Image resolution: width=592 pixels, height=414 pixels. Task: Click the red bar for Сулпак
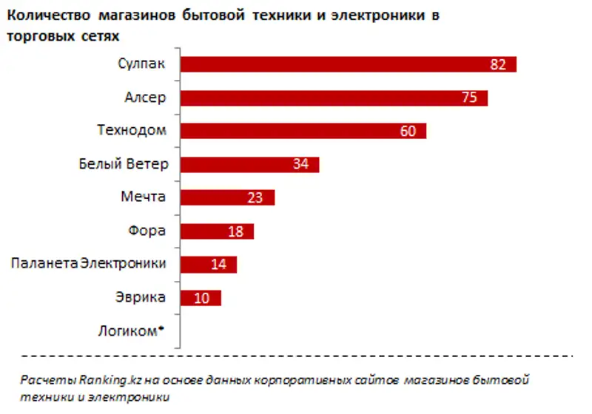pyautogui.click(x=333, y=64)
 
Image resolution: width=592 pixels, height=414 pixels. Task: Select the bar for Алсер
pyautogui.click(x=318, y=98)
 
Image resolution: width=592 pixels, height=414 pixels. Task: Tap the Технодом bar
pyautogui.click(x=289, y=131)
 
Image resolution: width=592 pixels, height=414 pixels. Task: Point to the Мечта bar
pyautogui.click(x=215, y=197)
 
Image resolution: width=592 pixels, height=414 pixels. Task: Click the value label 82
pyautogui.click(x=497, y=65)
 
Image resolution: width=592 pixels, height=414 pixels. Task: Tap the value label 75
pyautogui.click(x=469, y=98)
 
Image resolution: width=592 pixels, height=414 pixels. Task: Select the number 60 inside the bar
pyautogui.click(x=409, y=132)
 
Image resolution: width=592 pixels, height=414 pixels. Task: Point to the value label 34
pyautogui.click(x=300, y=165)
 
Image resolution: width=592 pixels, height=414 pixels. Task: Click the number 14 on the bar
pyautogui.click(x=218, y=265)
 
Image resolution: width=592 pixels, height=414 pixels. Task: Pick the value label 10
pyautogui.click(x=203, y=298)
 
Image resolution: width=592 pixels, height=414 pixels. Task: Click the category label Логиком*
pyautogui.click(x=129, y=330)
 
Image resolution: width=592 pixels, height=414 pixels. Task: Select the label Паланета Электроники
pyautogui.click(x=88, y=264)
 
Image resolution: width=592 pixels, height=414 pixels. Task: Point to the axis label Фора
pyautogui.click(x=147, y=231)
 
